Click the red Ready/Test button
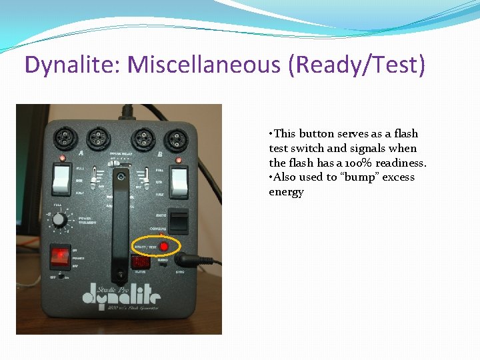point(163,246)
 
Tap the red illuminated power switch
point(60,255)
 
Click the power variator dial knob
point(59,219)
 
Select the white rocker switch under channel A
point(61,178)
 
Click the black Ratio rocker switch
point(177,220)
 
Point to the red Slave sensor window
point(141,262)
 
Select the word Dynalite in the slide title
point(71,65)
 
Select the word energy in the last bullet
point(286,192)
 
